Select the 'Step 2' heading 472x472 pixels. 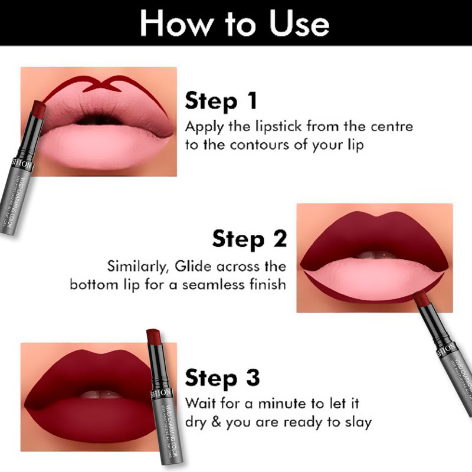[x=250, y=238]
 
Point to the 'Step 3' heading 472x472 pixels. [x=222, y=377]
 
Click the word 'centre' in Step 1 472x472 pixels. [x=389, y=127]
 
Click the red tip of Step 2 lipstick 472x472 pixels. [x=421, y=299]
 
